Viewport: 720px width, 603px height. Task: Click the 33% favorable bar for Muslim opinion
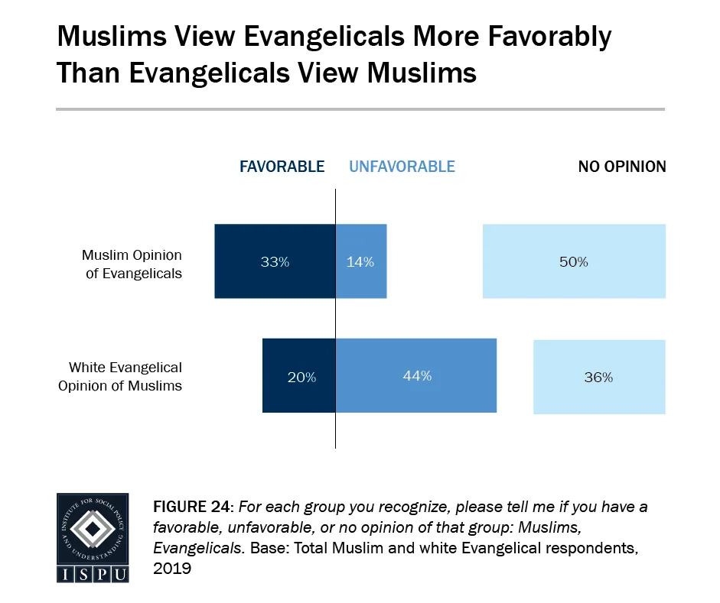[x=275, y=261]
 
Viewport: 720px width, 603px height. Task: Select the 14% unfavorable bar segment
[x=361, y=261]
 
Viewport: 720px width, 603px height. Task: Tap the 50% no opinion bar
[x=574, y=261]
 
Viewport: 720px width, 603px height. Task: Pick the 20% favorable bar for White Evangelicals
[x=299, y=377]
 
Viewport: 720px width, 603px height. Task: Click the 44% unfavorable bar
[x=416, y=377]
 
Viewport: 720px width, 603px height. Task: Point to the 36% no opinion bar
[x=599, y=377]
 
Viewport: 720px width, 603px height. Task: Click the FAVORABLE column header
[x=282, y=167]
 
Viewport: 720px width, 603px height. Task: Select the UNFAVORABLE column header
[x=402, y=167]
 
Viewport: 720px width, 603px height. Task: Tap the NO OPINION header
[x=622, y=167]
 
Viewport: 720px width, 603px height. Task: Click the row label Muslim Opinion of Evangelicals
[x=132, y=264]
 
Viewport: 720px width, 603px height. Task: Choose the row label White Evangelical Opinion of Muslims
[x=120, y=376]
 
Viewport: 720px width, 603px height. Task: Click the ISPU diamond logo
[x=92, y=530]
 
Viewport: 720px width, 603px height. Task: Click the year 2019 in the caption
[x=171, y=569]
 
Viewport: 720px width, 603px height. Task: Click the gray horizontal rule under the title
[x=360, y=109]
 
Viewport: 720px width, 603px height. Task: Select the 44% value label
[x=416, y=376]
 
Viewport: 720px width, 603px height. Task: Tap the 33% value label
[x=275, y=261]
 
